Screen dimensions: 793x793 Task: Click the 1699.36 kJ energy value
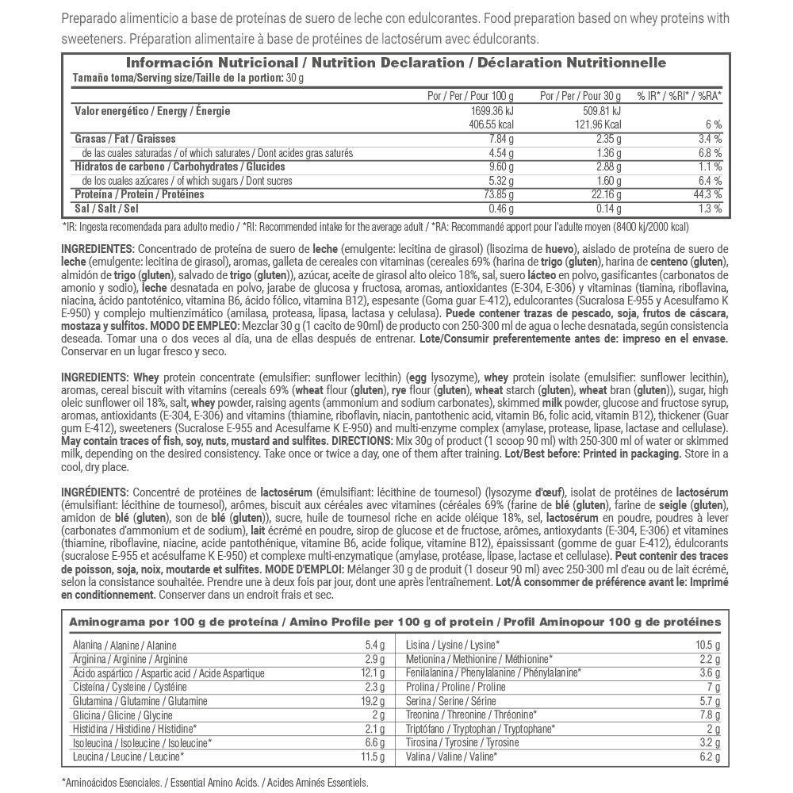pyautogui.click(x=492, y=111)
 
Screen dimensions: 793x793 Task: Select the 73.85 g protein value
pyautogui.click(x=497, y=194)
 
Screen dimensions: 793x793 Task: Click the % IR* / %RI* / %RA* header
pyautogui.click(x=680, y=95)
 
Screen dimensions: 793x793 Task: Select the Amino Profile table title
pyautogui.click(x=395, y=622)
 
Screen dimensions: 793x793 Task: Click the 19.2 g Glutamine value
pyautogui.click(x=373, y=701)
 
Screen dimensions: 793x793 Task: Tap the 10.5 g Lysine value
pyautogui.click(x=707, y=646)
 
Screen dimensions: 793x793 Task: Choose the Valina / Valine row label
pyautogui.click(x=451, y=757)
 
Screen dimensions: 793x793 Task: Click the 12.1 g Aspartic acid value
pyautogui.click(x=373, y=673)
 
